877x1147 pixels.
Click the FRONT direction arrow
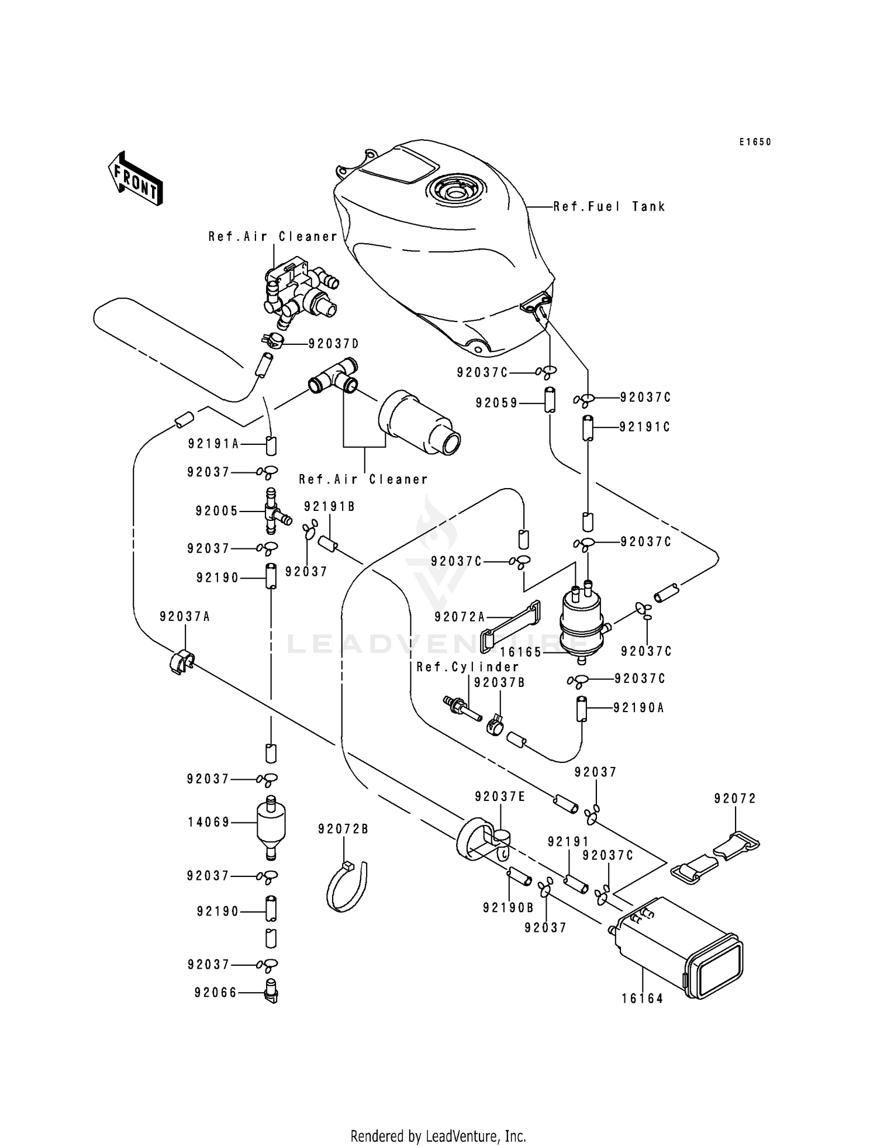(x=135, y=179)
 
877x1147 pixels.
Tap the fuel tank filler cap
(x=456, y=190)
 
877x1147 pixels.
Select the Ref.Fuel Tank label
(x=609, y=206)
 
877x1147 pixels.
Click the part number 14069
(x=209, y=823)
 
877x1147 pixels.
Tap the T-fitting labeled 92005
(x=272, y=512)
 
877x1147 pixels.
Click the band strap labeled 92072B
(x=347, y=887)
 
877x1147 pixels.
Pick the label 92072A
(x=460, y=617)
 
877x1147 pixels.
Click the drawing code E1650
(x=755, y=142)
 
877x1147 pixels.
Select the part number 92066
(x=216, y=993)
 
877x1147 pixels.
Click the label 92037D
(x=334, y=344)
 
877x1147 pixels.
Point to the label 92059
(x=496, y=403)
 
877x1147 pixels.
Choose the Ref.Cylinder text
(x=468, y=667)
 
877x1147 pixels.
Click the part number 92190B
(x=508, y=907)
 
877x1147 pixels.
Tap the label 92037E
(x=500, y=797)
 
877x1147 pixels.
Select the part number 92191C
(x=645, y=427)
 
